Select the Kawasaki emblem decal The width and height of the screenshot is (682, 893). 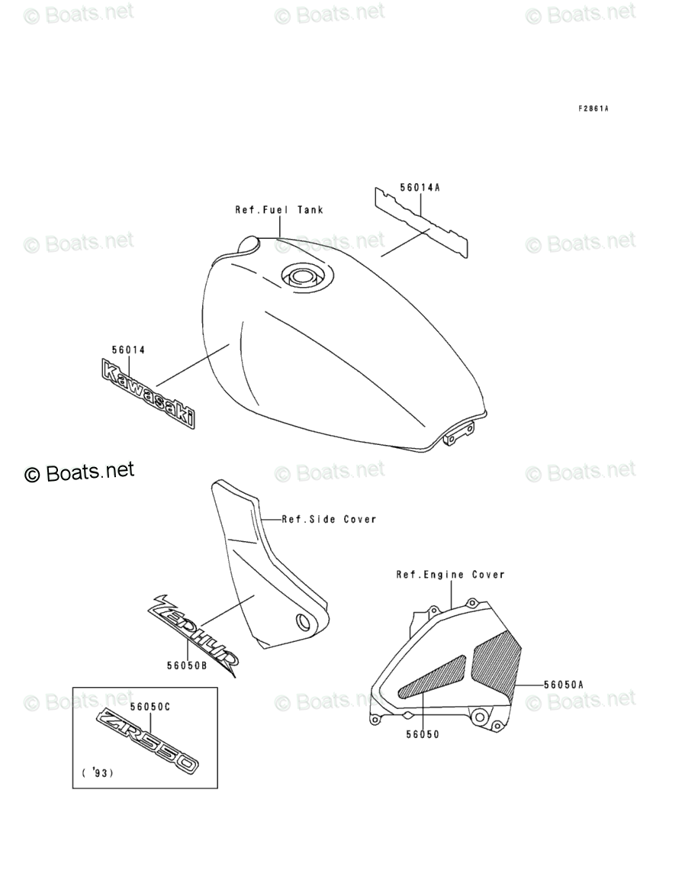click(x=147, y=393)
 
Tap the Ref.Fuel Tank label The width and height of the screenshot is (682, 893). click(x=278, y=210)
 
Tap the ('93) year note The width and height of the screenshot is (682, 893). click(x=97, y=773)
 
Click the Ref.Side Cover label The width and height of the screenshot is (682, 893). click(x=330, y=519)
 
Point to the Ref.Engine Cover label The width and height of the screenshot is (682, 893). click(x=450, y=575)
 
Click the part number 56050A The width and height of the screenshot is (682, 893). click(x=563, y=685)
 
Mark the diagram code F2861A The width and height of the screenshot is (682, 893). click(x=593, y=108)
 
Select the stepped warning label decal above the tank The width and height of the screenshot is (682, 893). click(x=420, y=221)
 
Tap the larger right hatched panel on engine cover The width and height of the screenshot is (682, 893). click(x=495, y=660)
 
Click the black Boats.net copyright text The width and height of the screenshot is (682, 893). click(x=79, y=472)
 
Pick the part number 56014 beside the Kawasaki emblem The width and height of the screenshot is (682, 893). click(x=128, y=350)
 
